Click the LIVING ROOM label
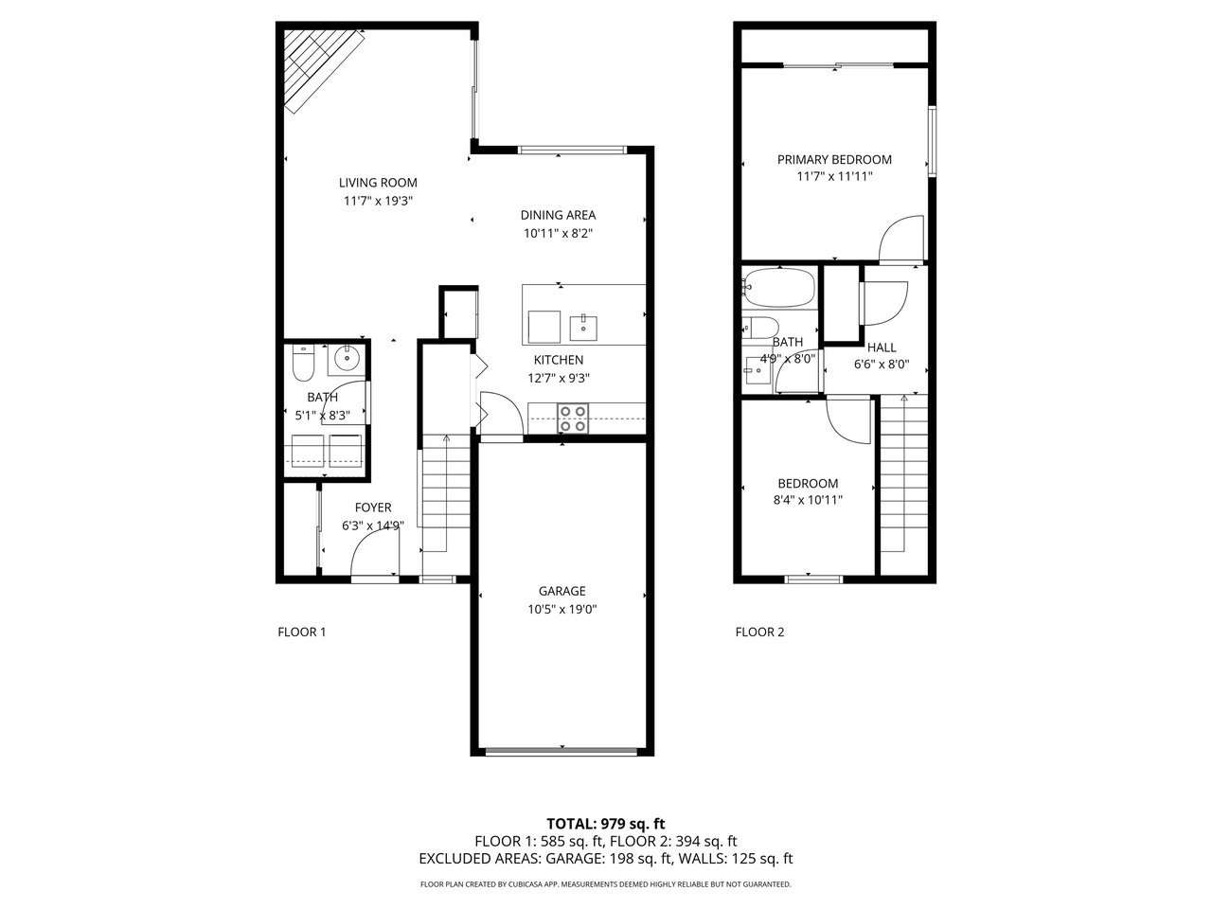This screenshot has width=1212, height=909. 378,183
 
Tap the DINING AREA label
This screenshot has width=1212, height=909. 558,215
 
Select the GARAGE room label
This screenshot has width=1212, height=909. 561,591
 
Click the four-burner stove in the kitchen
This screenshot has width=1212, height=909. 572,419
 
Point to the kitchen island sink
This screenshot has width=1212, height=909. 583,328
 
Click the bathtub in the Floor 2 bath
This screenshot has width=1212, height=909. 778,287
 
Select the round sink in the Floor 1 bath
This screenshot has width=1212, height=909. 347,359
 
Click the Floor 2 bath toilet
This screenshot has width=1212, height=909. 759,328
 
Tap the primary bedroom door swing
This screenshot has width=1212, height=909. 901,238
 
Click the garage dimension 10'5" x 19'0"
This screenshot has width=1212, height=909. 561,609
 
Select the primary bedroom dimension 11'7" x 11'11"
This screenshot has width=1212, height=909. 834,177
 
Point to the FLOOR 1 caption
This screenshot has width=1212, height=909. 301,632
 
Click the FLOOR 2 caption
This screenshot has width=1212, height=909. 759,632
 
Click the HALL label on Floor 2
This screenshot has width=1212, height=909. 882,348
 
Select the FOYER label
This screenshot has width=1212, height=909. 373,508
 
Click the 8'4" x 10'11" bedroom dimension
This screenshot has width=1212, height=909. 808,500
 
